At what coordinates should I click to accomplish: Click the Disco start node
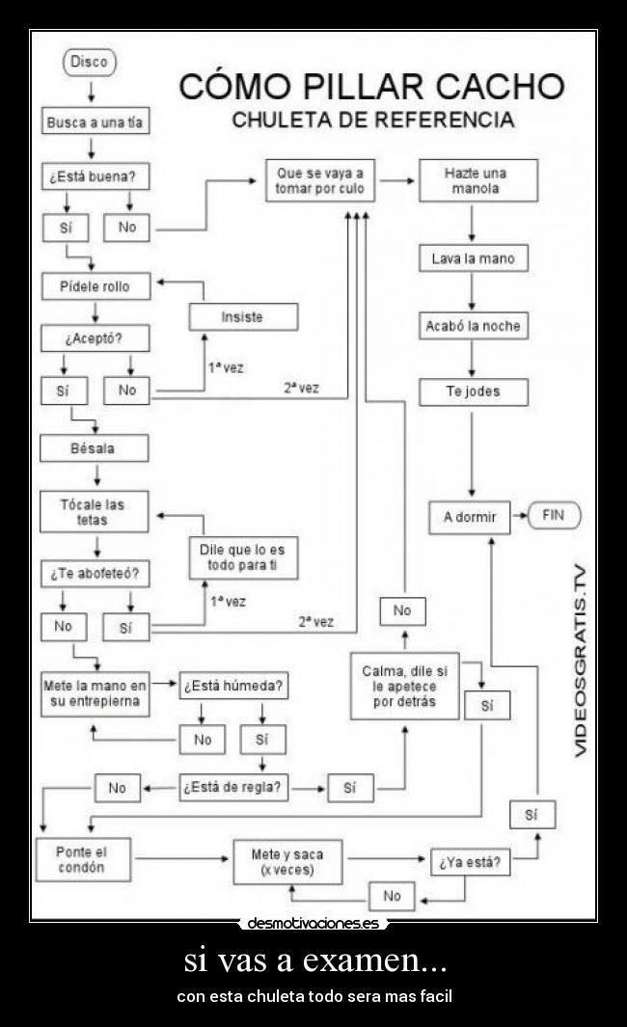pyautogui.click(x=90, y=63)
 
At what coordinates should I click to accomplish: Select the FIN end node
pyautogui.click(x=553, y=516)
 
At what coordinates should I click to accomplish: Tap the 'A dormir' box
pyautogui.click(x=470, y=517)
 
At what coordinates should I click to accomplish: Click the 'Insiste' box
pyautogui.click(x=242, y=316)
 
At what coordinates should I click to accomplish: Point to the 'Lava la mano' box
pyautogui.click(x=473, y=258)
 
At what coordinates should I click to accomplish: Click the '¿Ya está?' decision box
pyautogui.click(x=470, y=862)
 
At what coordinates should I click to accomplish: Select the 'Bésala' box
pyautogui.click(x=94, y=448)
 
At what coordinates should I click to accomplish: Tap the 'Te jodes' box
pyautogui.click(x=473, y=392)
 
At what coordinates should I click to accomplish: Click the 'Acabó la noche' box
pyautogui.click(x=473, y=326)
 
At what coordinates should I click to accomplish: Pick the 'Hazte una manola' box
pyautogui.click(x=477, y=181)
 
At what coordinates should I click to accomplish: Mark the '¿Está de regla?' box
pyautogui.click(x=234, y=788)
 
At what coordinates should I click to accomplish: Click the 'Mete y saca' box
pyautogui.click(x=287, y=862)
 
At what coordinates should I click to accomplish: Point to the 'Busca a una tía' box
pyautogui.click(x=95, y=122)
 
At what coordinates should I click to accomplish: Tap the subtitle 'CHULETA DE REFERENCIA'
pyautogui.click(x=372, y=121)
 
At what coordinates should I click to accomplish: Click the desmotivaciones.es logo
pyautogui.click(x=313, y=923)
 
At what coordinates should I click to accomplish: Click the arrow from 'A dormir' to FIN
pyautogui.click(x=519, y=516)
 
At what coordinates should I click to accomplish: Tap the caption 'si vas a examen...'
pyautogui.click(x=314, y=960)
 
